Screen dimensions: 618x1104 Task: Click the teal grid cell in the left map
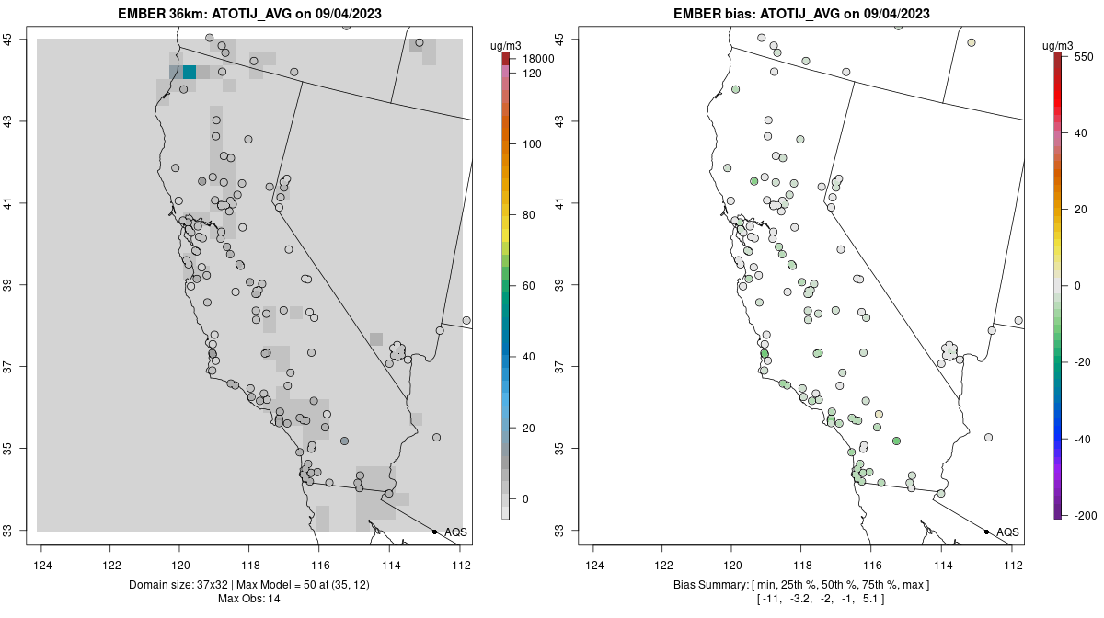[189, 73]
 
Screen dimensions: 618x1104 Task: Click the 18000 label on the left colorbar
[538, 59]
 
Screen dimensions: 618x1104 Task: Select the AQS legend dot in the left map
[434, 532]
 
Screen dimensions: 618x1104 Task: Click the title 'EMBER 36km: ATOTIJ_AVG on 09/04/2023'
[250, 14]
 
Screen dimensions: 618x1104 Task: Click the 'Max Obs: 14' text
[250, 599]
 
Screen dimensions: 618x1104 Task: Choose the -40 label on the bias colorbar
[1083, 440]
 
